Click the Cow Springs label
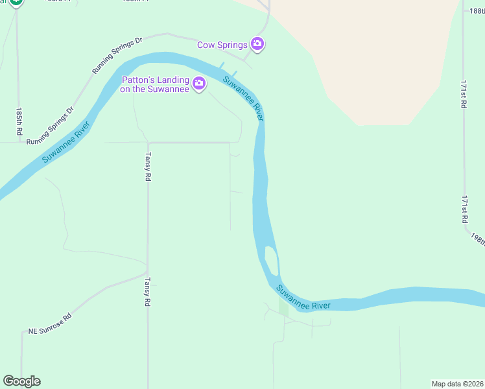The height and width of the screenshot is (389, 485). pyautogui.click(x=222, y=45)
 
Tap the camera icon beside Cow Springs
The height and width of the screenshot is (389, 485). pyautogui.click(x=258, y=44)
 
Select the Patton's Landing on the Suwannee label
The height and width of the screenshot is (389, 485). pyautogui.click(x=155, y=84)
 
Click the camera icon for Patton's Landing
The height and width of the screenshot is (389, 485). pyautogui.click(x=199, y=83)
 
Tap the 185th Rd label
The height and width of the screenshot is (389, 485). pyautogui.click(x=19, y=121)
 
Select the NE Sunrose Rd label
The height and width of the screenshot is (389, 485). pyautogui.click(x=49, y=324)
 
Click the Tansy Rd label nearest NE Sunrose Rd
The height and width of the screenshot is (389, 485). pyautogui.click(x=148, y=292)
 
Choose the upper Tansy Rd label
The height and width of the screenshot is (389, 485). pyautogui.click(x=148, y=167)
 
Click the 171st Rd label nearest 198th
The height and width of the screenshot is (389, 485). pyautogui.click(x=464, y=211)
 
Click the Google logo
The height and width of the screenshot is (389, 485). pyautogui.click(x=21, y=381)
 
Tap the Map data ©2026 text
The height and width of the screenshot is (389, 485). pyautogui.click(x=458, y=383)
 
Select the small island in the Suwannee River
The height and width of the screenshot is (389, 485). pyautogui.click(x=272, y=261)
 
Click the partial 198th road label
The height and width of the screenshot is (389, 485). pyautogui.click(x=479, y=238)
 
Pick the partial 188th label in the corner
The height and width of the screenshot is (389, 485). pyautogui.click(x=477, y=10)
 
